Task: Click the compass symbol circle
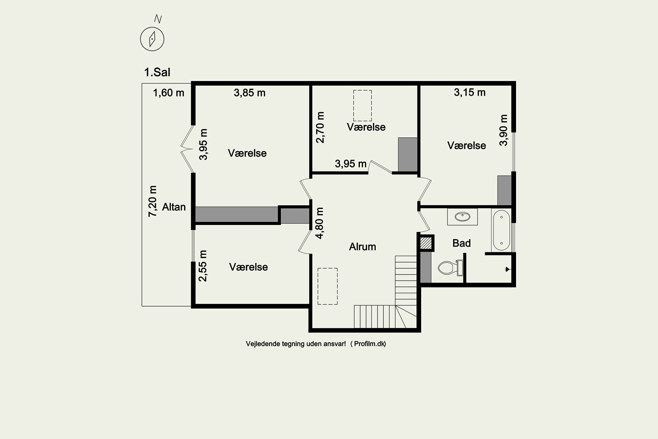click(152, 39)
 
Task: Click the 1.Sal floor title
click(157, 72)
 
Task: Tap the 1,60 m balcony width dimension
click(168, 93)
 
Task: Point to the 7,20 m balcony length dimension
click(152, 201)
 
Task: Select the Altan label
click(174, 207)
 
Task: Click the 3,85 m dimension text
click(250, 93)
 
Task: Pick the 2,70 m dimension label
click(320, 127)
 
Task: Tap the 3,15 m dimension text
click(469, 92)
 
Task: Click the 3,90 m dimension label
click(503, 130)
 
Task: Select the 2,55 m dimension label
click(202, 266)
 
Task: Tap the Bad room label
click(461, 243)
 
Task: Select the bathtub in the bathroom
click(501, 230)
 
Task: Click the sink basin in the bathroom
click(462, 216)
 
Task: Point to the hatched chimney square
click(426, 243)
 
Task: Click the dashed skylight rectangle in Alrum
click(327, 286)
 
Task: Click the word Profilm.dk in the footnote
click(370, 344)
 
